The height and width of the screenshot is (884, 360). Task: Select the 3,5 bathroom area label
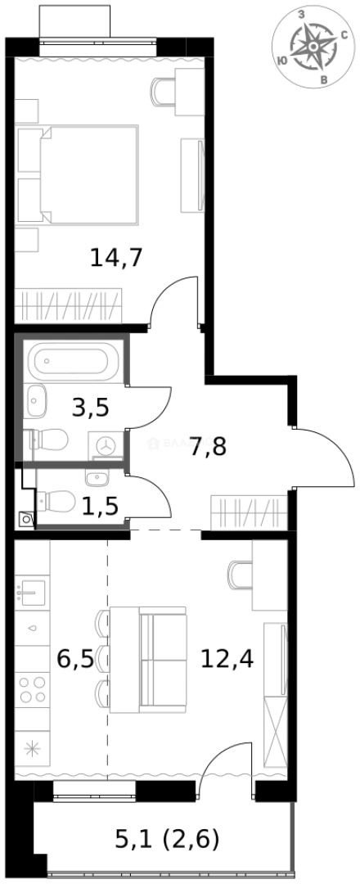click(x=90, y=407)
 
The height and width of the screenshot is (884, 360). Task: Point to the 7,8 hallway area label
click(x=208, y=447)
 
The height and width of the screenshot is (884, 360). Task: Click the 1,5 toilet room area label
click(x=100, y=506)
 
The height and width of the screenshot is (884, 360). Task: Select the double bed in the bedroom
click(x=78, y=174)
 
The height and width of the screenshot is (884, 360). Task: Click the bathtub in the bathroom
click(x=73, y=361)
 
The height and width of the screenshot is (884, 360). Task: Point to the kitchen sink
click(x=34, y=589)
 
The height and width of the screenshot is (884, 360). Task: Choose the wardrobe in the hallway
click(x=250, y=512)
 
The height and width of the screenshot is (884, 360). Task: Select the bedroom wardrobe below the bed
click(x=69, y=305)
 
